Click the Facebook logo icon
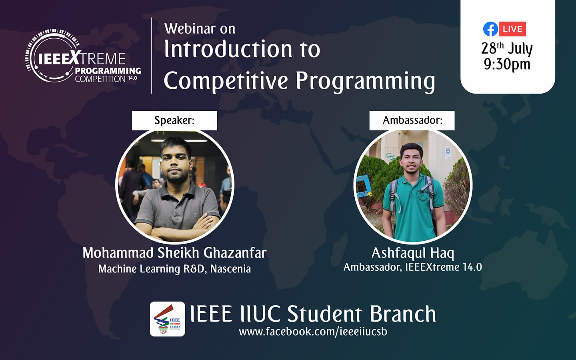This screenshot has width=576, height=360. [x=490, y=29]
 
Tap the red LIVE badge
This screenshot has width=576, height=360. [x=512, y=29]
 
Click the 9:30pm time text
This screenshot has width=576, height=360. [x=507, y=64]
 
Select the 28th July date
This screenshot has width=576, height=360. [x=507, y=48]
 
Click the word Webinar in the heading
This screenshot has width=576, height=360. [x=190, y=28]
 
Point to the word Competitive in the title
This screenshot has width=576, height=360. [x=226, y=81]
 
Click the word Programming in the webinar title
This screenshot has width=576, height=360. [x=366, y=81]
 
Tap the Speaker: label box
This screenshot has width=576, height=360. [x=174, y=120]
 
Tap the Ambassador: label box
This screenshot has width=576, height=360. [x=412, y=120]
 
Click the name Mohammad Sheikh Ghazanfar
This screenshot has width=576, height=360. [x=174, y=253]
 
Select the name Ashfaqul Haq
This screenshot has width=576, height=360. [x=413, y=253]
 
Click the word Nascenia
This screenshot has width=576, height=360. [x=230, y=269]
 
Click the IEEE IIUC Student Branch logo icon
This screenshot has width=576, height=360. [x=167, y=319]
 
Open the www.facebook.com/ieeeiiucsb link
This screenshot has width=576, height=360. [x=313, y=332]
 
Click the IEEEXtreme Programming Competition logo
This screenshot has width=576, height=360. [x=83, y=56]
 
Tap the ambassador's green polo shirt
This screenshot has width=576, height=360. [x=414, y=206]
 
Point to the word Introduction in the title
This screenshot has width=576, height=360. [x=228, y=49]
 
